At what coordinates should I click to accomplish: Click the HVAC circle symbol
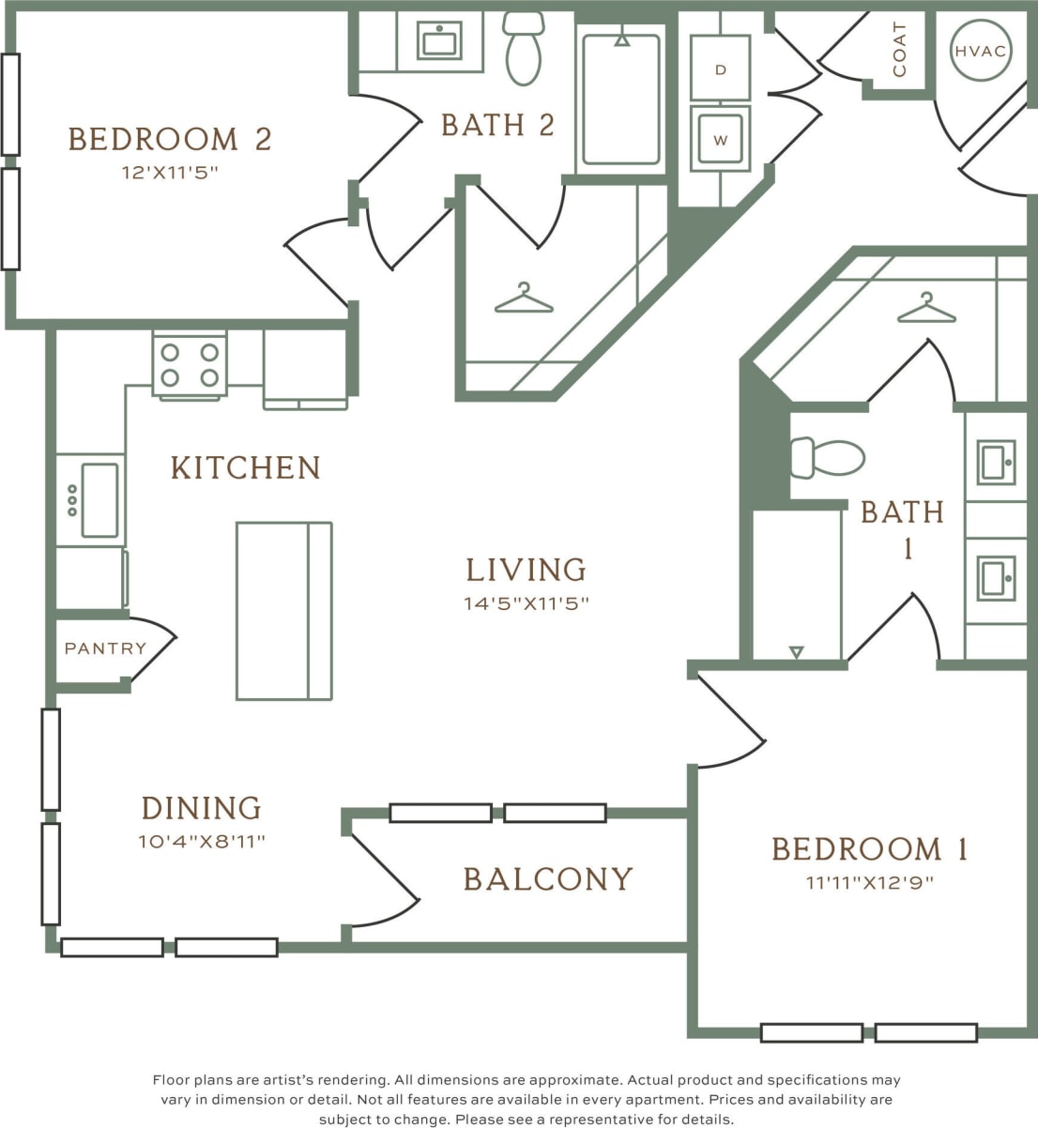[981, 51]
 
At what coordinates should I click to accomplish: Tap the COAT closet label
[900, 51]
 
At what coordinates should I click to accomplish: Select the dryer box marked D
[720, 69]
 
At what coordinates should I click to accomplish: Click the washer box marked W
[720, 139]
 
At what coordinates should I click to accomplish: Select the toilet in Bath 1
[827, 458]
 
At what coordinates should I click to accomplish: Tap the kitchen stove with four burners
[190, 365]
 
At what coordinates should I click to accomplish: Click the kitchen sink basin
[99, 500]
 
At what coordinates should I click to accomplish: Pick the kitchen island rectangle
[283, 611]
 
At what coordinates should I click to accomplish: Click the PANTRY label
[105, 648]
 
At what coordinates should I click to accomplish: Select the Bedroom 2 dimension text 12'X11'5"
[169, 173]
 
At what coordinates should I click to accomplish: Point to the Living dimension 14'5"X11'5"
[526, 603]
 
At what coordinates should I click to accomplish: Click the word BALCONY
[548, 879]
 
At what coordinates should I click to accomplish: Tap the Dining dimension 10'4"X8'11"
[202, 842]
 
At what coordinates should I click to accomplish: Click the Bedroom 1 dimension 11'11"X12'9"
[870, 883]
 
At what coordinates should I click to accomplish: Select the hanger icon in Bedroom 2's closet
[524, 299]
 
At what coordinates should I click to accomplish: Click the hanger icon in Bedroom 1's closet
[925, 309]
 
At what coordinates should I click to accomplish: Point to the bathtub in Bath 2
[620, 99]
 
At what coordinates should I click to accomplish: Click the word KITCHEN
[246, 467]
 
